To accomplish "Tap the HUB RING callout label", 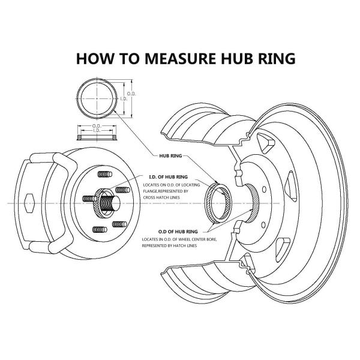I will click(x=170, y=154).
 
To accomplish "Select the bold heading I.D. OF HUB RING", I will click(x=168, y=178).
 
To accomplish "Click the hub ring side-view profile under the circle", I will click(x=97, y=136).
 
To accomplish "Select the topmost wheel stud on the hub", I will click(x=103, y=175).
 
